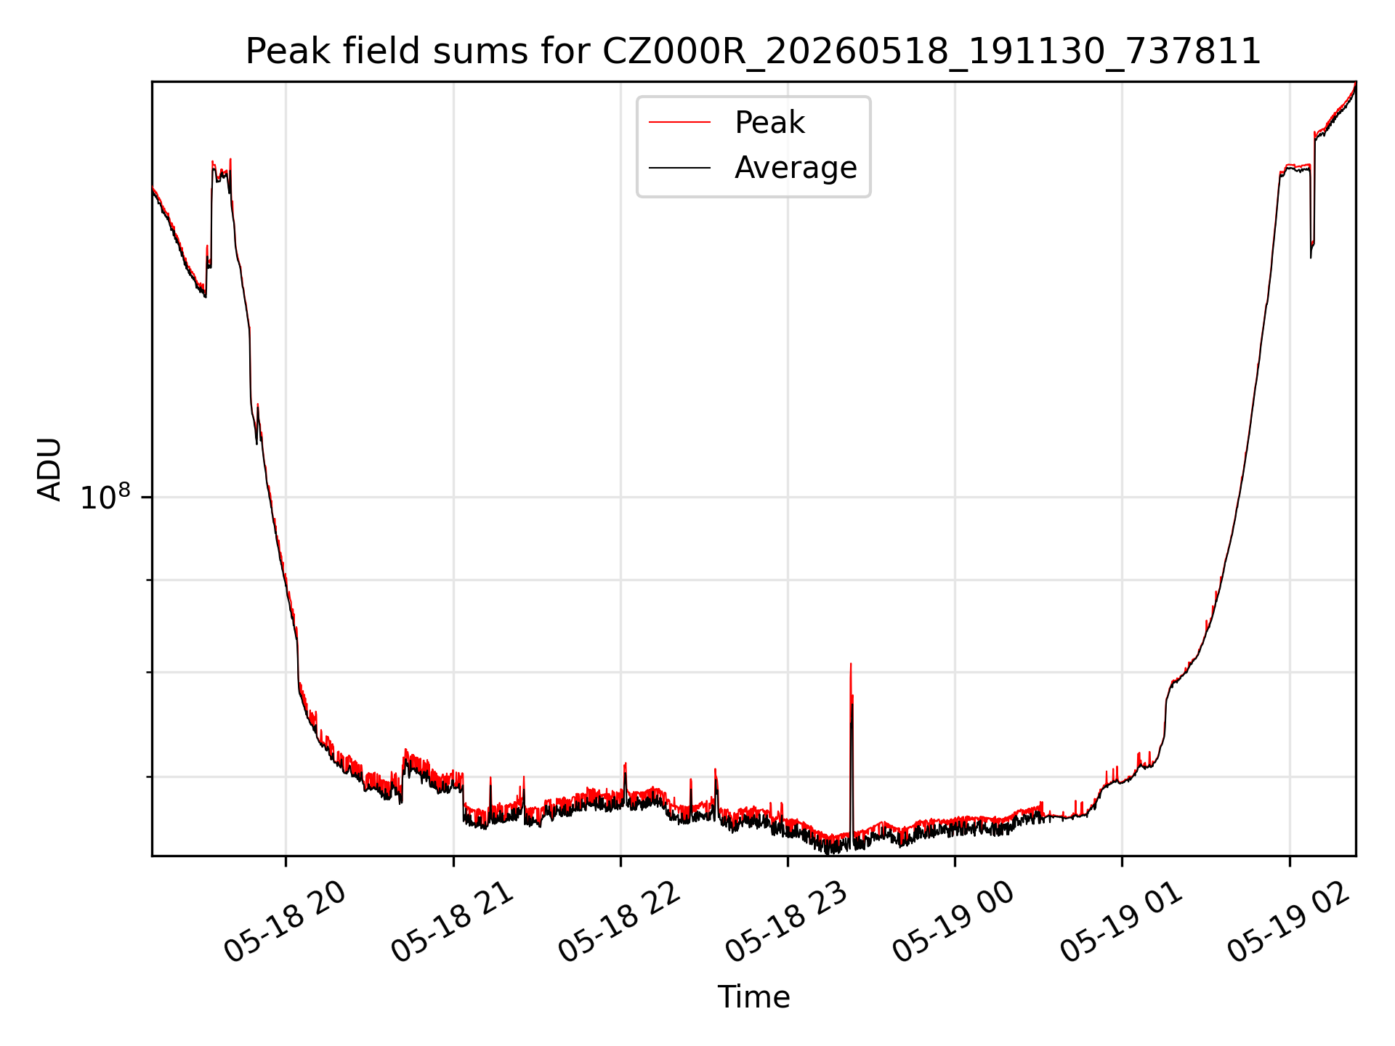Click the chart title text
tap(753, 52)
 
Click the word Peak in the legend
tap(769, 123)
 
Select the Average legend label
tap(796, 168)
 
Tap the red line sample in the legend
tap(679, 123)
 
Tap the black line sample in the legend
tap(679, 168)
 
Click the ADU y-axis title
tap(50, 469)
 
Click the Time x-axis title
tap(753, 997)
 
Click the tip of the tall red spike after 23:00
tap(850, 663)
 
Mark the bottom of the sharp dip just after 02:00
tap(1311, 257)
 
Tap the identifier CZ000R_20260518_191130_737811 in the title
tap(932, 52)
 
